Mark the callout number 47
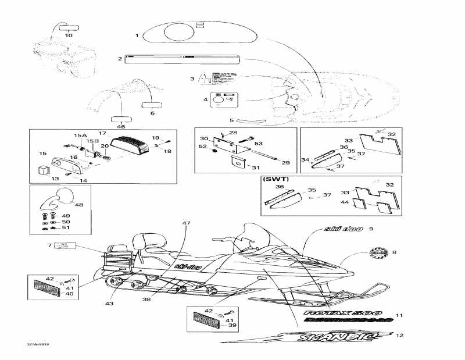click(x=186, y=224)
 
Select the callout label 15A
click(x=80, y=136)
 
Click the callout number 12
click(x=399, y=336)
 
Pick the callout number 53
click(x=258, y=142)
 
